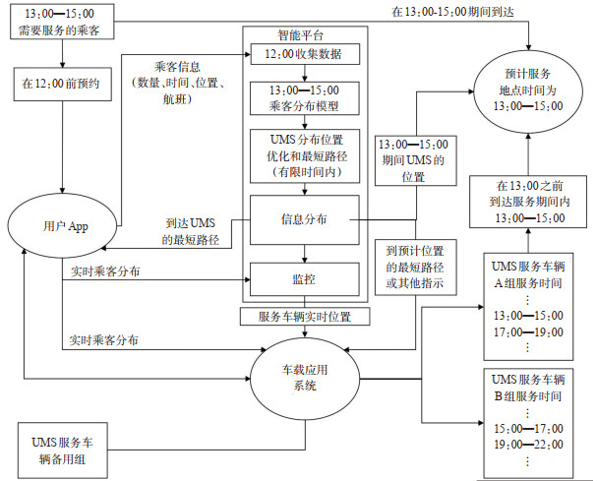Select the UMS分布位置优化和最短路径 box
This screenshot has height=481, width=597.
(x=305, y=155)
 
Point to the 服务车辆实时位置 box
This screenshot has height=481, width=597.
(x=305, y=317)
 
